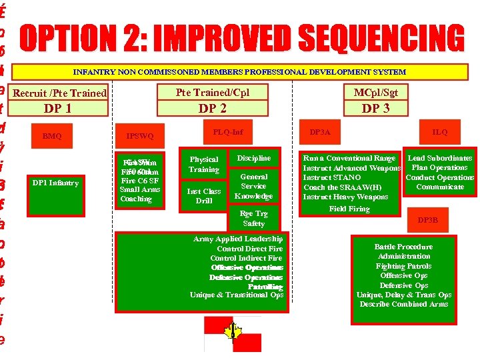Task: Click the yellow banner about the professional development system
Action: tap(239, 71)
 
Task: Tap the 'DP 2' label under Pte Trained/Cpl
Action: tap(212, 108)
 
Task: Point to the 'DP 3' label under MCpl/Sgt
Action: tap(375, 108)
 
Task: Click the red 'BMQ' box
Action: tap(52, 136)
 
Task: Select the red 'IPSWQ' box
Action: tap(140, 136)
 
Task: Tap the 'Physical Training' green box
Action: tap(203, 165)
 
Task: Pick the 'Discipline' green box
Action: tap(253, 158)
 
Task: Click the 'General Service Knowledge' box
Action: tap(253, 187)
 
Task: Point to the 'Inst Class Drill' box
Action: tap(203, 196)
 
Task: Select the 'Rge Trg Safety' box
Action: tap(253, 219)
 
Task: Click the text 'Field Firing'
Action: tap(349, 209)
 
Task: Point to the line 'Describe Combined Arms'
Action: tap(404, 304)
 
